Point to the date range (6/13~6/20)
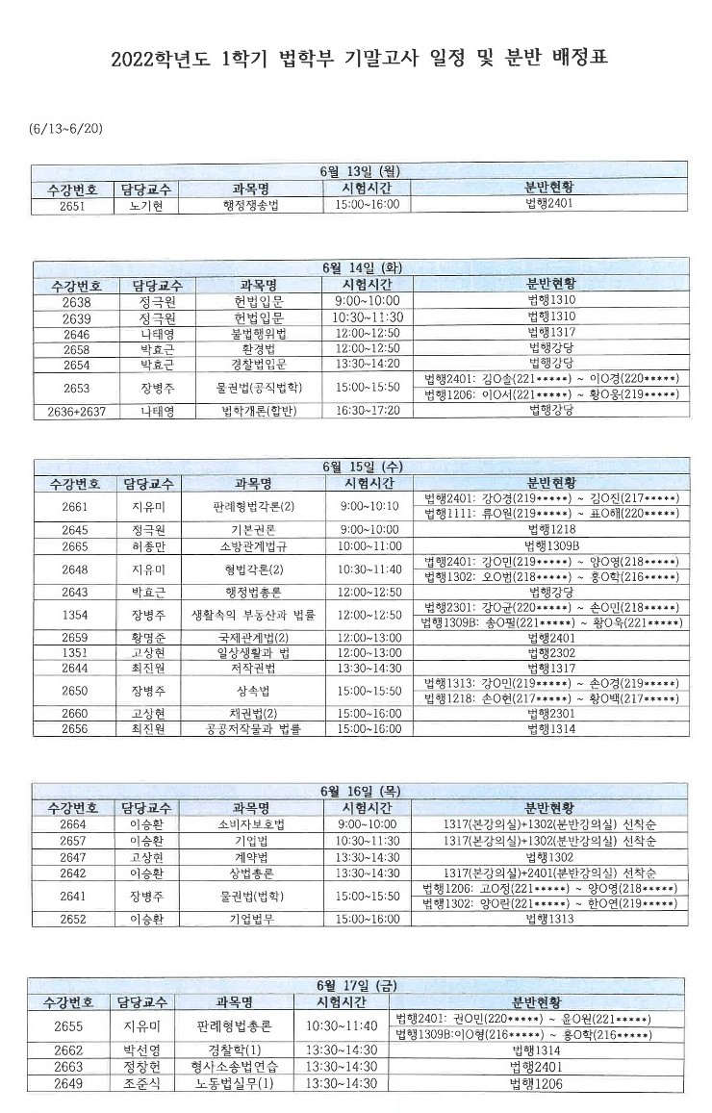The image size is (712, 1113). coord(67,127)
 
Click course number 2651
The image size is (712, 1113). coord(72,205)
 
